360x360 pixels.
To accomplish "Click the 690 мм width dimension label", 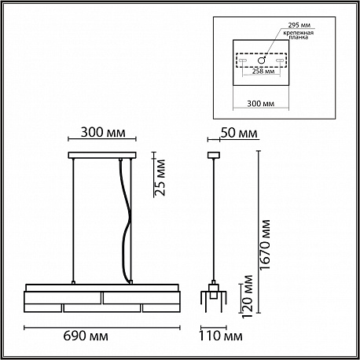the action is [86, 336].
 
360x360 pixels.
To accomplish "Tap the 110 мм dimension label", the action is [221, 336].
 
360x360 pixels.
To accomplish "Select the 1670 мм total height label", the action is [265, 244].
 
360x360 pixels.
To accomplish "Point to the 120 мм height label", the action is [248, 296].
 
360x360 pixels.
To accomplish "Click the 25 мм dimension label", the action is [160, 178].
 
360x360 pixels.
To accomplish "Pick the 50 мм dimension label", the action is [239, 133].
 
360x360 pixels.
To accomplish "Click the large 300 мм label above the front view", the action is [103, 132].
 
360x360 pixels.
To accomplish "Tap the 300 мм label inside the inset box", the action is [261, 104].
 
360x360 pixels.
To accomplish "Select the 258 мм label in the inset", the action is [263, 72].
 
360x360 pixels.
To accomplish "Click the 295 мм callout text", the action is [299, 25].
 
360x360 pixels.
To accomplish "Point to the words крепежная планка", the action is [298, 35].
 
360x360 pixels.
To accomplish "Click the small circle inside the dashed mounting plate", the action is [262, 61].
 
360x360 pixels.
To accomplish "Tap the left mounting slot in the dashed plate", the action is [243, 61].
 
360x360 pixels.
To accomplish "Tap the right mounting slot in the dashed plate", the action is [280, 61].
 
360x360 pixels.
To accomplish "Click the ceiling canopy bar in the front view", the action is [102, 155].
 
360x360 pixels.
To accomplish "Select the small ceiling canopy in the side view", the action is [214, 155].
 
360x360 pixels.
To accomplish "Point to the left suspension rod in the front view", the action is [74, 220].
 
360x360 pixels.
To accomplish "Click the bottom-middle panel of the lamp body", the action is [102, 308].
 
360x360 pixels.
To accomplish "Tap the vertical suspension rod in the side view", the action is [214, 219].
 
